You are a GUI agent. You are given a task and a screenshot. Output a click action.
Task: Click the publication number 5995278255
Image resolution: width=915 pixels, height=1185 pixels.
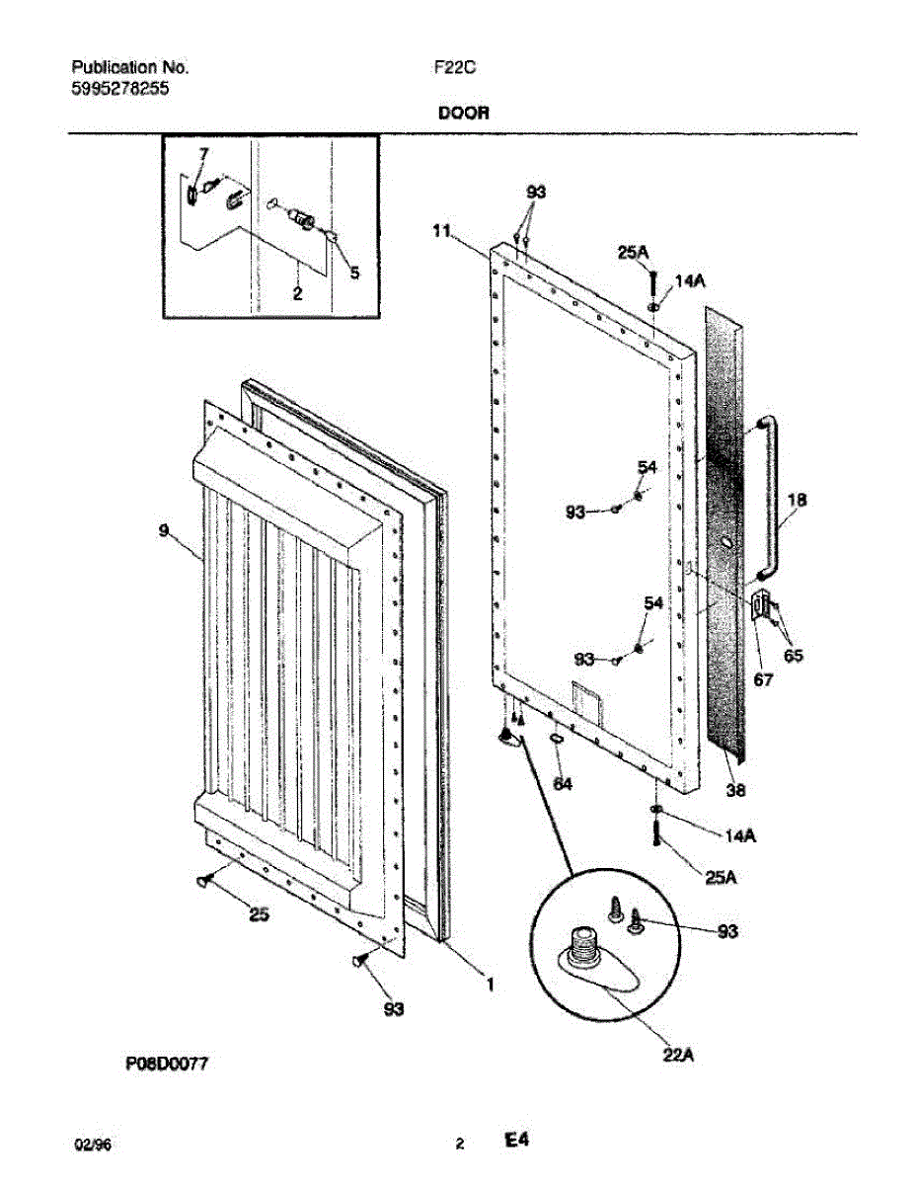[119, 88]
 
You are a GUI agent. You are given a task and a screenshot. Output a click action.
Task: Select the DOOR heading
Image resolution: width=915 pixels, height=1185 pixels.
[463, 114]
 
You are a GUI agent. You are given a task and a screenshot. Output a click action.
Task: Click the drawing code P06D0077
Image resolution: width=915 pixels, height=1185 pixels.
[168, 1064]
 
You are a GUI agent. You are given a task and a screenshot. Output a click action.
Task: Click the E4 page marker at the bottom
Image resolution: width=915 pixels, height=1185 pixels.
[517, 1142]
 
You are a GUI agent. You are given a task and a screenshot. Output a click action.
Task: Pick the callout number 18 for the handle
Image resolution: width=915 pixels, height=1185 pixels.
[798, 500]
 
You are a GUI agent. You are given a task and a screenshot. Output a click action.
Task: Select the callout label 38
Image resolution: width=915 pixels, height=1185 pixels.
[735, 789]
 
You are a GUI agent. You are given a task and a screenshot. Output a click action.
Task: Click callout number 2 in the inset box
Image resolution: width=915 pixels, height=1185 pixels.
[297, 293]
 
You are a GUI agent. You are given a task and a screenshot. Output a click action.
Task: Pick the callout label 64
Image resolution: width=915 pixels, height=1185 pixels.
[562, 783]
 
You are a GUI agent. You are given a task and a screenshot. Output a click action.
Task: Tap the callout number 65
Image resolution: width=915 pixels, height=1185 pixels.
[793, 655]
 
